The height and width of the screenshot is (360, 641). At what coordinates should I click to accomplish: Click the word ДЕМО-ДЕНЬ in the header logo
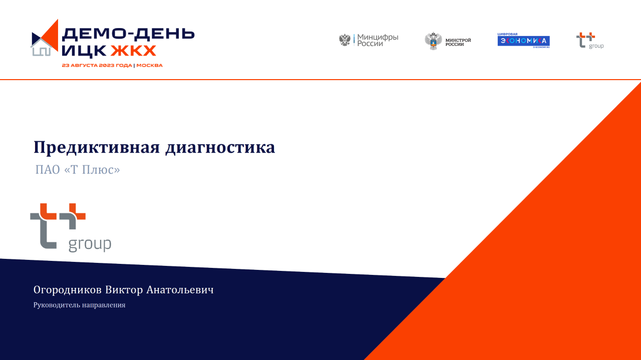(128, 34)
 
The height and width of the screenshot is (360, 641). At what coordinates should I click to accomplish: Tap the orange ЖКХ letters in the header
(133, 51)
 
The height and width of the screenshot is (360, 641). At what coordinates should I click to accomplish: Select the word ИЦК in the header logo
(84, 51)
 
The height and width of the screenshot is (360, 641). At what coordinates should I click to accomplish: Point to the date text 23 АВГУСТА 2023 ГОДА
(97, 66)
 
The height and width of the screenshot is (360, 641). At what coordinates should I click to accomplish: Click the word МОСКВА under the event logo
(149, 66)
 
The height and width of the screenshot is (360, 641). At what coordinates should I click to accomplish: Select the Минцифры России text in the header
(378, 41)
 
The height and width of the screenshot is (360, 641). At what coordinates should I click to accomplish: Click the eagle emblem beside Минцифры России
(345, 40)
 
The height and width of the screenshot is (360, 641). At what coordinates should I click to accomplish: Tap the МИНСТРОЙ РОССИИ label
(458, 42)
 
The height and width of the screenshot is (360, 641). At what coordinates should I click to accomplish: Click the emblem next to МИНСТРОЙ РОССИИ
(433, 41)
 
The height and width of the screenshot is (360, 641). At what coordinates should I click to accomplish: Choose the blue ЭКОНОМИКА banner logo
(524, 41)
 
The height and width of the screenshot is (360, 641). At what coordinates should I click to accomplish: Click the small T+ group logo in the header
(590, 41)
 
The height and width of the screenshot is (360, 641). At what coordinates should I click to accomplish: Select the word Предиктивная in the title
(97, 147)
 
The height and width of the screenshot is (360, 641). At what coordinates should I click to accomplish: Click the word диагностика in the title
(220, 148)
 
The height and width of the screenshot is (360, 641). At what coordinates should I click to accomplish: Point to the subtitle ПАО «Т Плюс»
(78, 169)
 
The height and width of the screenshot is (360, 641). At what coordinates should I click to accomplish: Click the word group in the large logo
(90, 244)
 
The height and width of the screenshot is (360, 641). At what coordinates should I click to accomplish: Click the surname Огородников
(68, 290)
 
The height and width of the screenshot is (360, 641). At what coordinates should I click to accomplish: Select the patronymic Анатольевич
(180, 290)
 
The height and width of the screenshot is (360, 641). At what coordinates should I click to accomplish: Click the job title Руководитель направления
(79, 305)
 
